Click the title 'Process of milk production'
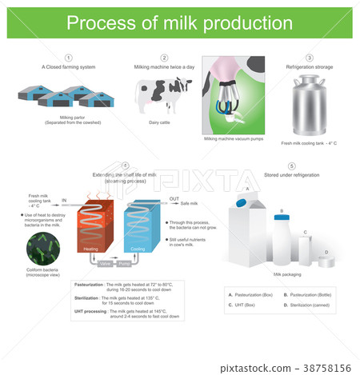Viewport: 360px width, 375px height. tap(180, 22)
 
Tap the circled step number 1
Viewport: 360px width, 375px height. tap(69, 58)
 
